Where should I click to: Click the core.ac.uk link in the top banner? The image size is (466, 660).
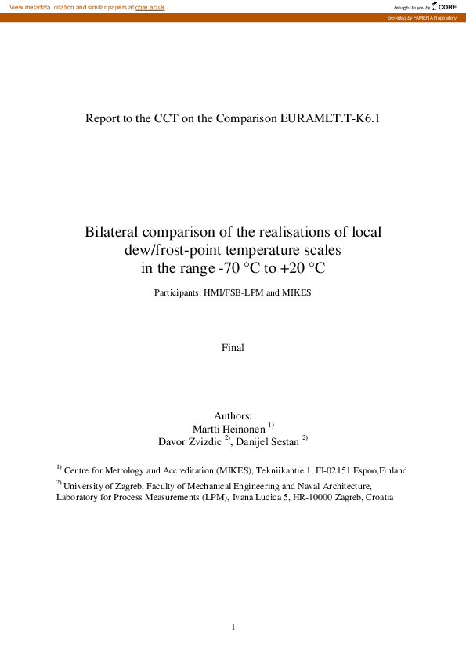[150, 7]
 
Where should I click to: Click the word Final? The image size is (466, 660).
[233, 347]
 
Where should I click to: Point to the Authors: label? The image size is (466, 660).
[233, 415]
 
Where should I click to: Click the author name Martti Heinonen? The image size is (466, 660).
[229, 428]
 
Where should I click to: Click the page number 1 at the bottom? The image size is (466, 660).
[233, 627]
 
